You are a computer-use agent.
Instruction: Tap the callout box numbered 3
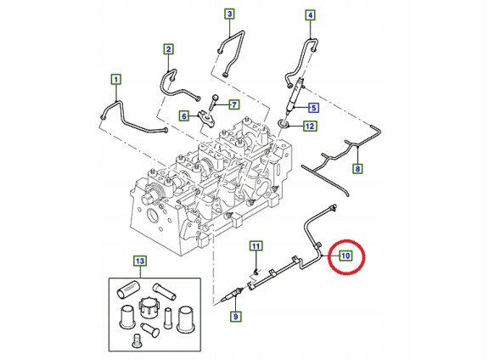(229, 14)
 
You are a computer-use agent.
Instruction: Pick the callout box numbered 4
(310, 15)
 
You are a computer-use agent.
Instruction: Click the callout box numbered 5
(312, 108)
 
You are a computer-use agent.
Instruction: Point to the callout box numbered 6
(183, 115)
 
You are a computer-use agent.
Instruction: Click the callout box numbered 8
(357, 170)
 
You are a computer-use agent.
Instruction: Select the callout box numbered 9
(236, 317)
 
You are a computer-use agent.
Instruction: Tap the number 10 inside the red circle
(346, 255)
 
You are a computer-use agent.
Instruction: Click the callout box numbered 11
(254, 246)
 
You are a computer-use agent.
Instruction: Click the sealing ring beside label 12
(284, 127)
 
